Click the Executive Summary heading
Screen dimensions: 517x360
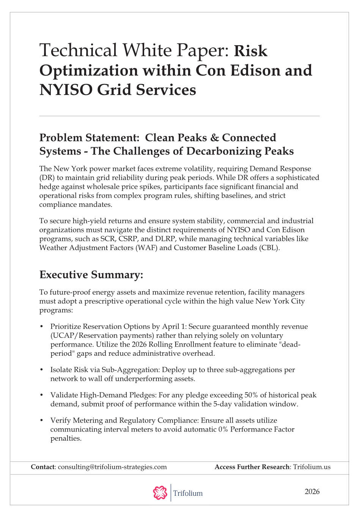pyautogui.click(x=91, y=275)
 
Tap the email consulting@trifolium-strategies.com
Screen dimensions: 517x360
pyautogui.click(x=112, y=467)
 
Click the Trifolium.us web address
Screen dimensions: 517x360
pyautogui.click(x=311, y=467)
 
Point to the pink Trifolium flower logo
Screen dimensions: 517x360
pyautogui.click(x=160, y=493)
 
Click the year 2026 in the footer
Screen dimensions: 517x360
pyautogui.click(x=312, y=492)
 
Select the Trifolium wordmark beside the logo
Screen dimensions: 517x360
pyautogui.click(x=188, y=493)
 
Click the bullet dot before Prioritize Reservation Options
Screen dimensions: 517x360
pyautogui.click(x=41, y=327)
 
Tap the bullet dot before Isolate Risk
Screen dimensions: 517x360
pyautogui.click(x=41, y=370)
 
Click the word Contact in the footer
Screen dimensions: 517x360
pyautogui.click(x=43, y=467)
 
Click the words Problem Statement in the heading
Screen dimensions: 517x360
pyautogui.click(x=88, y=138)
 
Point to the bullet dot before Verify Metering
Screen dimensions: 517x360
pyautogui.click(x=41, y=421)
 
